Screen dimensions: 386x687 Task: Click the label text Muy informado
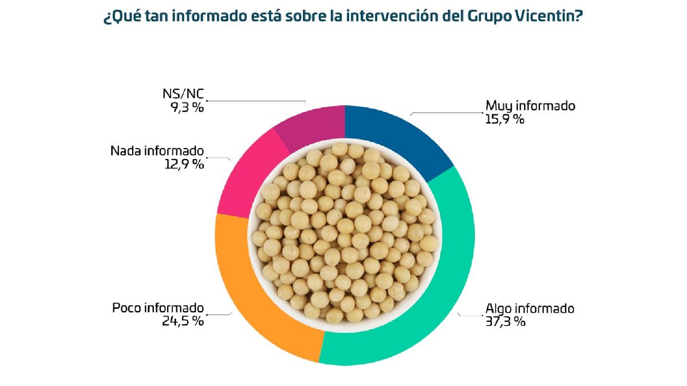[530, 106]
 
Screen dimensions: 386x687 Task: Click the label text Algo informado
[530, 309]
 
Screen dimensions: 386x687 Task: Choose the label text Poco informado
[157, 308]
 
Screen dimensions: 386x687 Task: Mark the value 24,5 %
[183, 321]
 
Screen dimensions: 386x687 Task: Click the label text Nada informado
[157, 152]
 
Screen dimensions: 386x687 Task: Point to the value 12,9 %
[183, 165]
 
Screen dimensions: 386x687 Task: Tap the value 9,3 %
[187, 108]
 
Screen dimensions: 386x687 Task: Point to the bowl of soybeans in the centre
[344, 235]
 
